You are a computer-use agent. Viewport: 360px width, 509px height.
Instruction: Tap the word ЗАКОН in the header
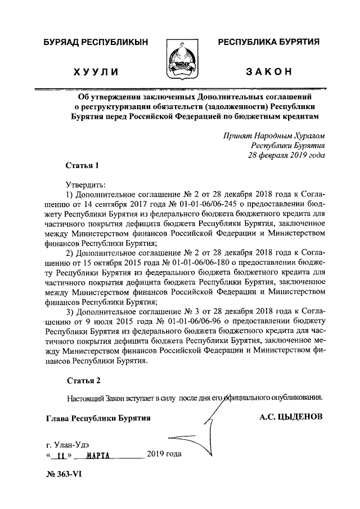point(268,72)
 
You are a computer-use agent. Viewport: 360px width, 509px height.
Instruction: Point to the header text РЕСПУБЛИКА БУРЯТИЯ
point(269,42)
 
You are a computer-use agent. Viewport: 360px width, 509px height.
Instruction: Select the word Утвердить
point(84,184)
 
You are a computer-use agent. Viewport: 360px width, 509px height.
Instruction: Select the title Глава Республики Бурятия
point(98,418)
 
